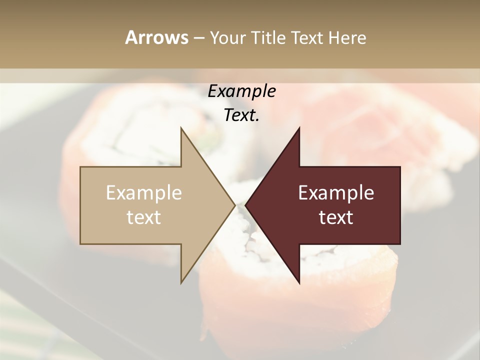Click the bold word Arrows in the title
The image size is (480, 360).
coord(156,37)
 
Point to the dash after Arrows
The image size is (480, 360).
coord(198,38)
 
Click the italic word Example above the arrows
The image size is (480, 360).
coord(241,91)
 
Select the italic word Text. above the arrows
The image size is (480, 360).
coord(241,115)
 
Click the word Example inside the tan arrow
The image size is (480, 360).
coord(144,193)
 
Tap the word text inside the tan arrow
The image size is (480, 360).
coord(144,217)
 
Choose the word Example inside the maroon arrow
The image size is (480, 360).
coord(336,193)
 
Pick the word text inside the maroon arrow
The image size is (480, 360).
coord(336,217)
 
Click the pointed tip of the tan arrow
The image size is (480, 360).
coord(234,205)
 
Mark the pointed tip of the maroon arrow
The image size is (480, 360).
coord(245,205)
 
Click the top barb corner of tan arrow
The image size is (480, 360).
coord(181,127)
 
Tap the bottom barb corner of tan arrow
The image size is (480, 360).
coord(181,283)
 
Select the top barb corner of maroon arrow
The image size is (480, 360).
coord(299,127)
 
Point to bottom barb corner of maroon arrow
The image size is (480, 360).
coord(299,283)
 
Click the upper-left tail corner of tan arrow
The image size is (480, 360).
coord(80,167)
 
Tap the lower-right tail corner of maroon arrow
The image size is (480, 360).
coord(400,244)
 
